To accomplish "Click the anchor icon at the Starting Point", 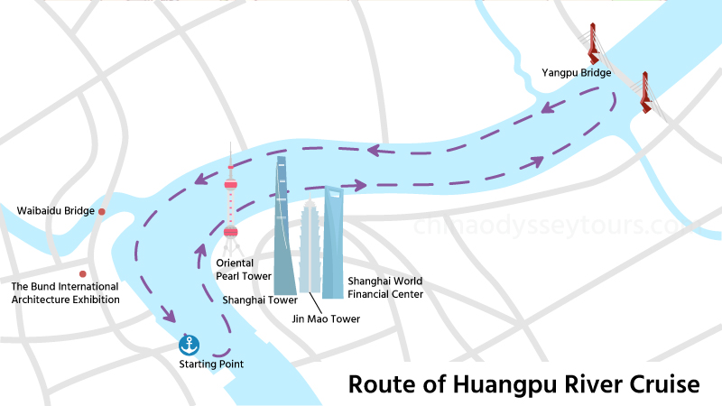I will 190,344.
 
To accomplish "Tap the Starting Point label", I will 210,364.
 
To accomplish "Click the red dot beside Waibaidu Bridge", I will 103,211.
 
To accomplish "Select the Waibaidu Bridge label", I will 56,211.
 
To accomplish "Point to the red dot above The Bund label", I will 83,273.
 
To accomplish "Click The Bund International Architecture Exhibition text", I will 65,293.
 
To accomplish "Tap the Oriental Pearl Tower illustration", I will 231,217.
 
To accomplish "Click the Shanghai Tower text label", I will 260,300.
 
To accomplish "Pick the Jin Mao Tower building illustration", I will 310,248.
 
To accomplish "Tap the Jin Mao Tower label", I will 327,318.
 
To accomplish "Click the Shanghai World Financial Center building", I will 333,244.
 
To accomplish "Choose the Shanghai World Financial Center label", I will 384,287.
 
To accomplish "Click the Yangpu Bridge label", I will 578,71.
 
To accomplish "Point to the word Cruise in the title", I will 662,384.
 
